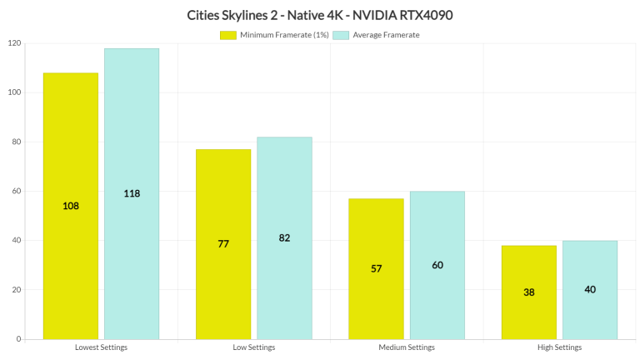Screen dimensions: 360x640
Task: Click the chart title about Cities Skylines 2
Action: [320, 14]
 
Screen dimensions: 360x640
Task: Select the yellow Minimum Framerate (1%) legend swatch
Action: [228, 35]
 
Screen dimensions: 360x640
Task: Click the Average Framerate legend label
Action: [386, 35]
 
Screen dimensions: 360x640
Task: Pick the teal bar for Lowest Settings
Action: [132, 193]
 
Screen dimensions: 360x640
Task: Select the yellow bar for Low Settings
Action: [223, 244]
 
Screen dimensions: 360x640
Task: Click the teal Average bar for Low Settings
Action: [284, 237]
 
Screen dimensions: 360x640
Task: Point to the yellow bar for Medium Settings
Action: [376, 268]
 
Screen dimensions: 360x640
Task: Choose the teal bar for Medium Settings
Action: [437, 265]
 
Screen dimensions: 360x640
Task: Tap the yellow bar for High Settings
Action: [529, 292]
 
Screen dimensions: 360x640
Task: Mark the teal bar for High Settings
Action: [590, 289]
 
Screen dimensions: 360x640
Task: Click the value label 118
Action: [132, 193]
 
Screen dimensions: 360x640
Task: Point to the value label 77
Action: [223, 244]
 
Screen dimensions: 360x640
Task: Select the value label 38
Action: [529, 292]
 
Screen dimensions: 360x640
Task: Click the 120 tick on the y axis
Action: [13, 43]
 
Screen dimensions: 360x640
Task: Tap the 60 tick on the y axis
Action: [16, 192]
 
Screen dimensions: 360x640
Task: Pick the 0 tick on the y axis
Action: [18, 339]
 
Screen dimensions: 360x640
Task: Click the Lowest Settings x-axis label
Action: [101, 347]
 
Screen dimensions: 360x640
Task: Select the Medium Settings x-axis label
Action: [407, 347]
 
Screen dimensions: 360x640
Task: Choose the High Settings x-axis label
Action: [559, 347]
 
